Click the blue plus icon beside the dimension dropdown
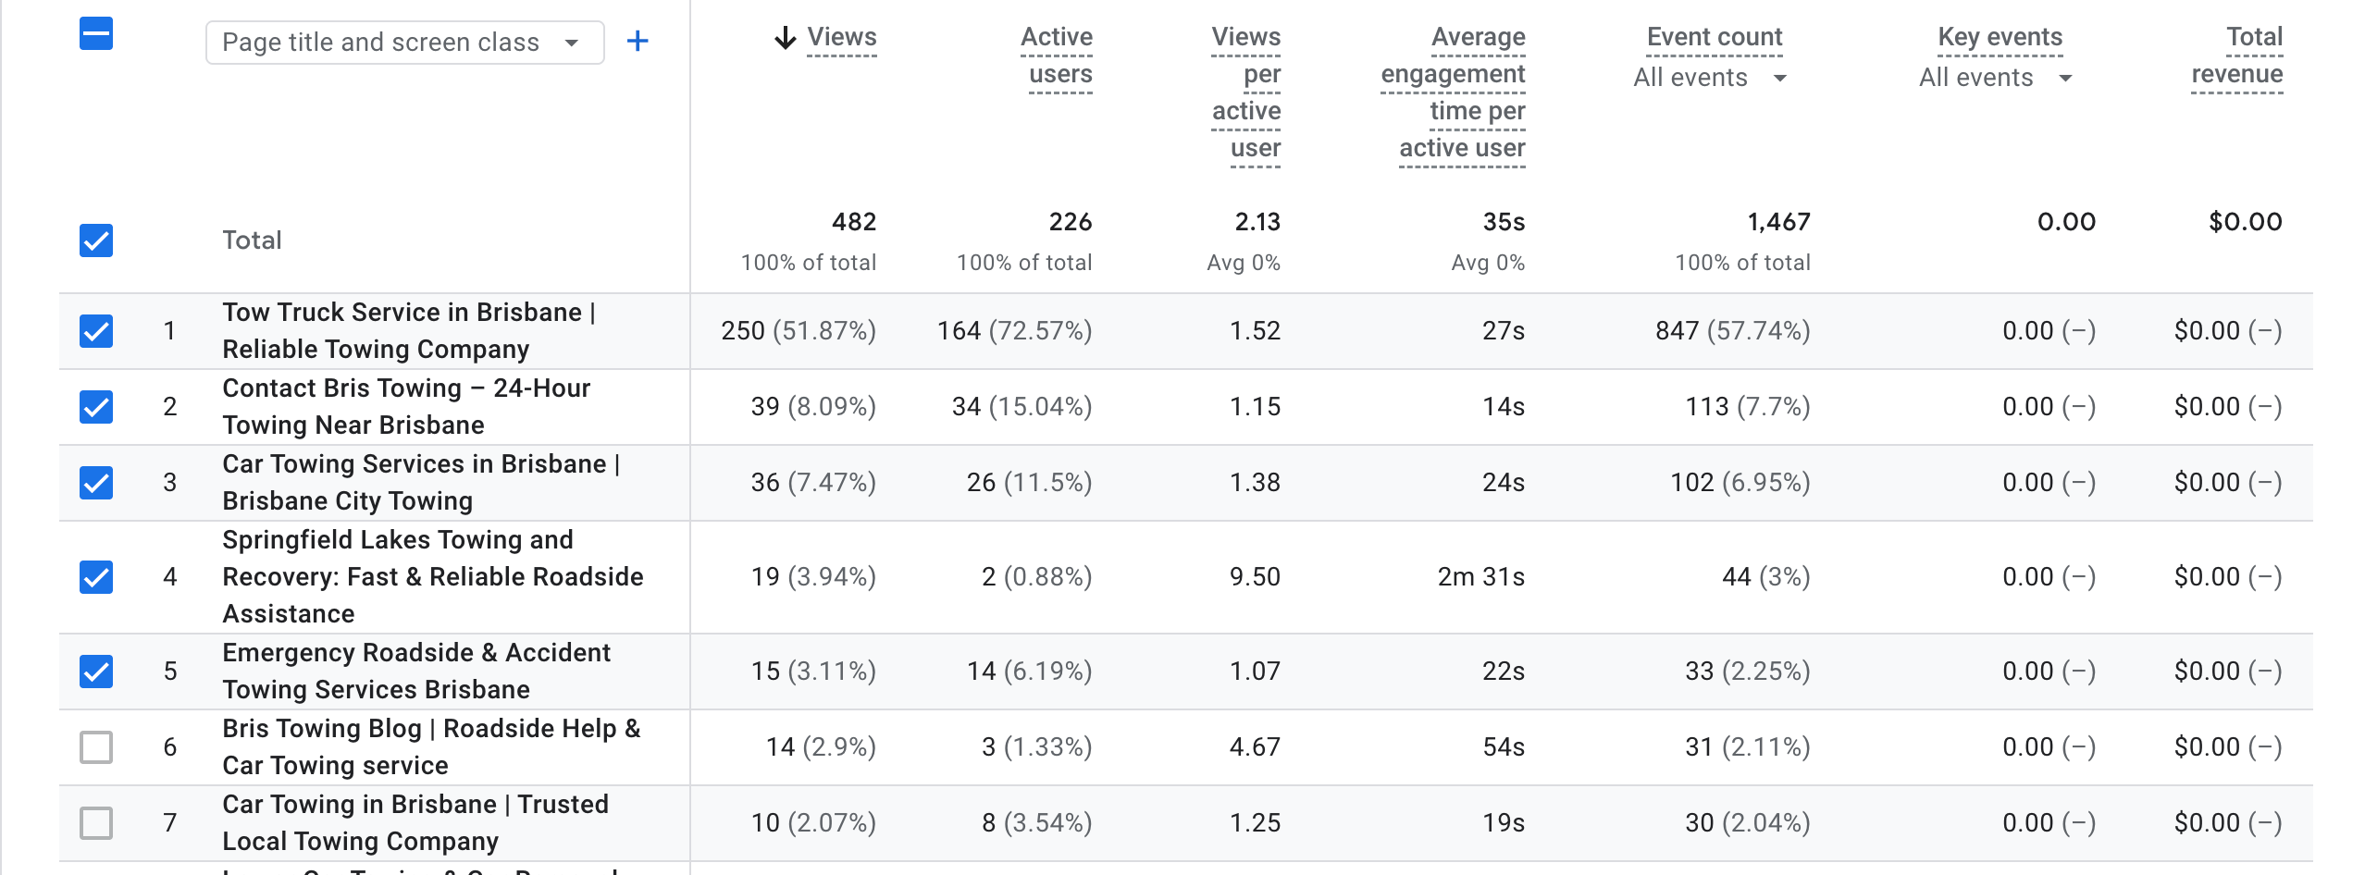638,42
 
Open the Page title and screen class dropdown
404,43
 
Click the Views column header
840,37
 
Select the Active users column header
1059,55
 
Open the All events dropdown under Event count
1710,78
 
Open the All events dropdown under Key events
1995,78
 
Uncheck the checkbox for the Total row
96,240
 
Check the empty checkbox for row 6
96,747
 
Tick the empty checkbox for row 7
96,823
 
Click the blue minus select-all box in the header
96,34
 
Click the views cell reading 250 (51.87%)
798,331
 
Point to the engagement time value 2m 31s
1480,577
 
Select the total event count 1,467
1777,222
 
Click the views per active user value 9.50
1255,577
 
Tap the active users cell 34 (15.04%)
1022,407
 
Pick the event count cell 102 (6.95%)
1740,483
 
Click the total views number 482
853,222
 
